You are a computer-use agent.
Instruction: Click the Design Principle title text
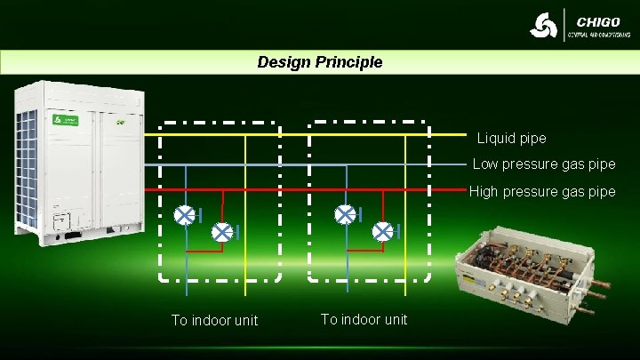(x=320, y=62)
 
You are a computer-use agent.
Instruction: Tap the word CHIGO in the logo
(x=598, y=21)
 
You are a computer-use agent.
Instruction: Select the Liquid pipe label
(x=511, y=139)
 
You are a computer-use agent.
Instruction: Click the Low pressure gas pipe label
(x=543, y=164)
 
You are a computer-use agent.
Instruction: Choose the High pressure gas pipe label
(x=542, y=191)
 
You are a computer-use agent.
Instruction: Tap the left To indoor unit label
(x=215, y=320)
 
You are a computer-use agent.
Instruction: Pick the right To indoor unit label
(x=364, y=319)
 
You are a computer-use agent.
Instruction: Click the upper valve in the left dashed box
(x=185, y=215)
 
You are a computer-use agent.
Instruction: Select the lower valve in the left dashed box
(x=222, y=232)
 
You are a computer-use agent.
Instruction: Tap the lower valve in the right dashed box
(x=383, y=232)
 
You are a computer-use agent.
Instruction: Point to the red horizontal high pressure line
(x=302, y=190)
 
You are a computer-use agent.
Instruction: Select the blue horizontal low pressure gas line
(x=302, y=164)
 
